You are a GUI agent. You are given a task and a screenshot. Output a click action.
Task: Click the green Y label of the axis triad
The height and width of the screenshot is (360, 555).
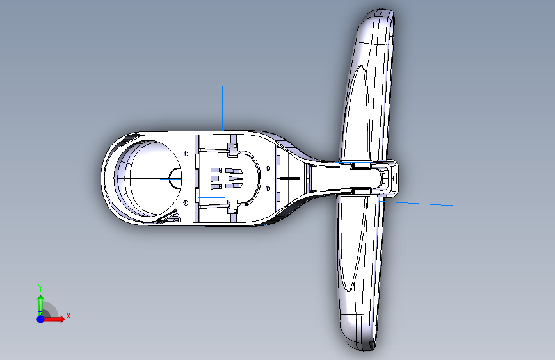40,288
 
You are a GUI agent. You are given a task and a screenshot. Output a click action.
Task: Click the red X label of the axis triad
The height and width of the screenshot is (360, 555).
68,316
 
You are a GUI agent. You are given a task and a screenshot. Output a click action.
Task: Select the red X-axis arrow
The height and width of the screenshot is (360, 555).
53,319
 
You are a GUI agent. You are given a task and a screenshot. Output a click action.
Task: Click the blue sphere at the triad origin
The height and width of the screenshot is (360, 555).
41,319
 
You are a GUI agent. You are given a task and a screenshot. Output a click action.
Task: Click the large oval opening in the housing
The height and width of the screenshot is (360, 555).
148,178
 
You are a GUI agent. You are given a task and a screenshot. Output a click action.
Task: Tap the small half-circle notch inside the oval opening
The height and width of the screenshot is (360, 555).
175,178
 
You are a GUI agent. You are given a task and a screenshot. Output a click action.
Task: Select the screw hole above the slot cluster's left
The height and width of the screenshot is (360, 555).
186,154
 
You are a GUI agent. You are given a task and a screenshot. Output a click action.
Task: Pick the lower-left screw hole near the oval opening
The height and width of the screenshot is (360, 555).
186,202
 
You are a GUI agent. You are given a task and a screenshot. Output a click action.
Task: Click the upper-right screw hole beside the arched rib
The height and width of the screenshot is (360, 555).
268,168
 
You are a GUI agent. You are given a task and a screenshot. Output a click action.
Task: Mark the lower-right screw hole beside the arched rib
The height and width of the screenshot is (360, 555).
268,188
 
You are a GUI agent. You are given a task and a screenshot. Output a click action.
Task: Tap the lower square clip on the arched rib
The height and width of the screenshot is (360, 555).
232,206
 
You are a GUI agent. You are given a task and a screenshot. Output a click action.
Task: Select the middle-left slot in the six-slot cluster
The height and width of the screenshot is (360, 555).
216,178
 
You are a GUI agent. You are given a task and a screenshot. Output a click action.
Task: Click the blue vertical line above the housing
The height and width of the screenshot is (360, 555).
222,108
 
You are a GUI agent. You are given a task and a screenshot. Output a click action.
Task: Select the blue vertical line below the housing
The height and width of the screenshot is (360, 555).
227,249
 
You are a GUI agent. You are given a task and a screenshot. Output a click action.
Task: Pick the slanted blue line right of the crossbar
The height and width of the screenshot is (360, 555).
418,204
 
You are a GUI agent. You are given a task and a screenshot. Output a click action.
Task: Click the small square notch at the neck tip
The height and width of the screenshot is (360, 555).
385,177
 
